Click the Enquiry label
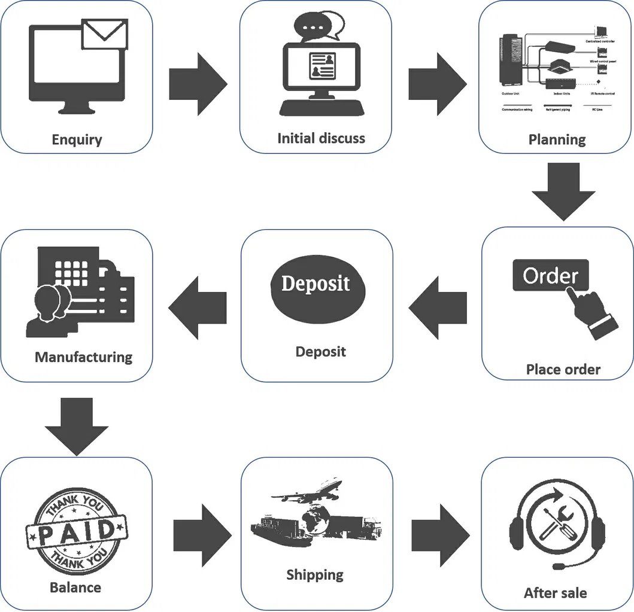coord(77,139)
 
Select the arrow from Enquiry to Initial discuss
coord(198,84)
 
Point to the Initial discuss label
coord(321,138)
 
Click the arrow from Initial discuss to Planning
coord(437,84)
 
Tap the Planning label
coord(557,139)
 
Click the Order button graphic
coord(550,276)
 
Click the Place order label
coord(563,369)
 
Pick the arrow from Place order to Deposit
coord(438,308)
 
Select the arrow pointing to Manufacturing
coord(198,308)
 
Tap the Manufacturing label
coord(83,357)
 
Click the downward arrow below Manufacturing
coord(77,426)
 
